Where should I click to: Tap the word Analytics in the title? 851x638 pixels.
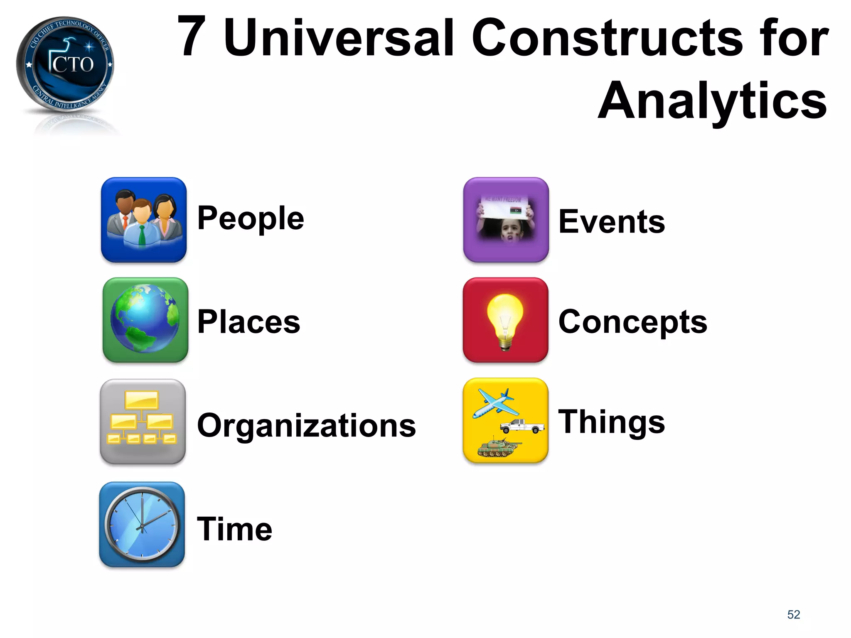(x=712, y=101)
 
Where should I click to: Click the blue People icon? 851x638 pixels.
(x=144, y=220)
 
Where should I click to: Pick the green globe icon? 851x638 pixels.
(x=145, y=320)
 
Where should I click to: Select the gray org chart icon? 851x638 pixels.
(x=143, y=421)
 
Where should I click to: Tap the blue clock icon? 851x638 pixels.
(x=142, y=525)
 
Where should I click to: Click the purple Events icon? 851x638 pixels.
(x=506, y=220)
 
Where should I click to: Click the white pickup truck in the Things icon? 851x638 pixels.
(x=522, y=426)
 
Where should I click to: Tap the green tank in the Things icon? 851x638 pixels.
(x=498, y=447)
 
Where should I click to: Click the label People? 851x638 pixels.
(x=251, y=218)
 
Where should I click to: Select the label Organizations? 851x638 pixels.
(x=306, y=425)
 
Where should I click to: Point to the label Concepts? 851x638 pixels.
(x=632, y=322)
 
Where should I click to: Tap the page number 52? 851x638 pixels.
(x=793, y=614)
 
